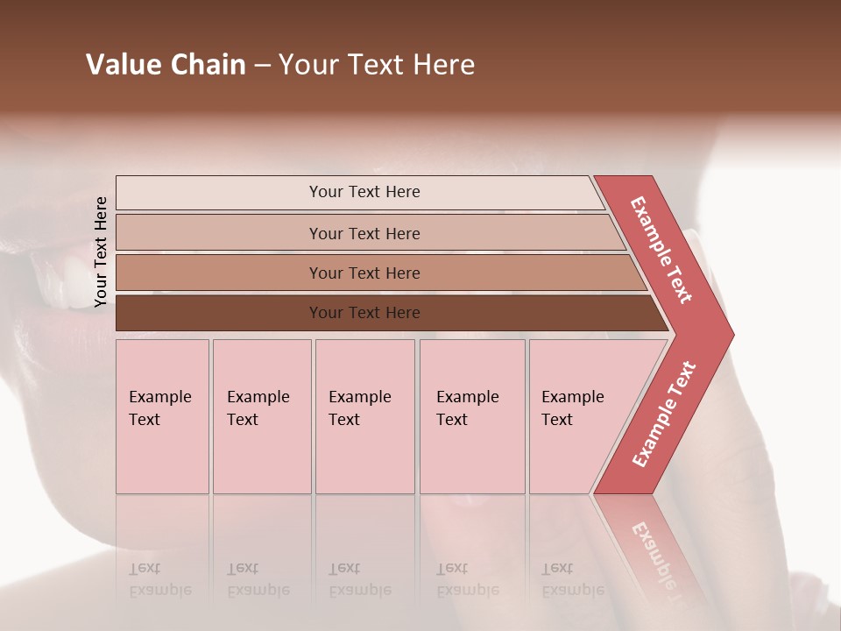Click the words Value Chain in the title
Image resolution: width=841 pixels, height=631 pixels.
(166, 65)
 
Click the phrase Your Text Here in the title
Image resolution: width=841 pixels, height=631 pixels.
(377, 65)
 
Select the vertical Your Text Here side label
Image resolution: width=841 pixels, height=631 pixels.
(101, 252)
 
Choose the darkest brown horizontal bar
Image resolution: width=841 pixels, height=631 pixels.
(219, 313)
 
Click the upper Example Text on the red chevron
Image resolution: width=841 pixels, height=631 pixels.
(661, 250)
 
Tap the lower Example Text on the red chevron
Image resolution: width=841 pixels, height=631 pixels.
(664, 415)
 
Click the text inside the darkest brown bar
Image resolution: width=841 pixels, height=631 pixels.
(364, 313)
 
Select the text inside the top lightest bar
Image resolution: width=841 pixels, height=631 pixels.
(364, 192)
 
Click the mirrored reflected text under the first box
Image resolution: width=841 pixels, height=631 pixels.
(159, 579)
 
